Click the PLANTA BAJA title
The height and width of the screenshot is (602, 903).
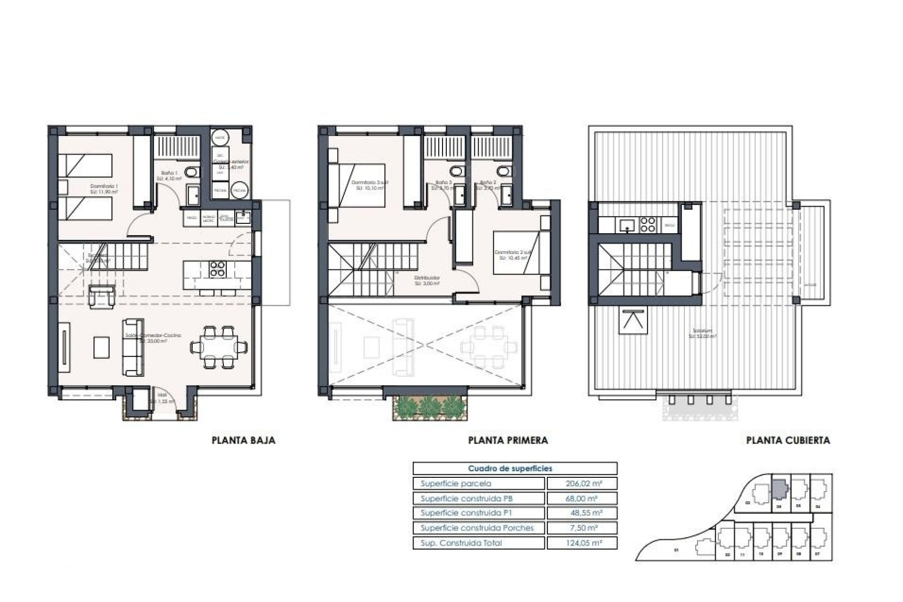(243, 440)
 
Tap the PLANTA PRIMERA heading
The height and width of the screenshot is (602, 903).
(508, 440)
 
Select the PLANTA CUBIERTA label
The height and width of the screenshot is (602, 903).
(788, 440)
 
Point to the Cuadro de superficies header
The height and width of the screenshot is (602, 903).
(510, 468)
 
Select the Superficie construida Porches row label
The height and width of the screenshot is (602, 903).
(477, 528)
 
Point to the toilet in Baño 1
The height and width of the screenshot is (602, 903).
(191, 173)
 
